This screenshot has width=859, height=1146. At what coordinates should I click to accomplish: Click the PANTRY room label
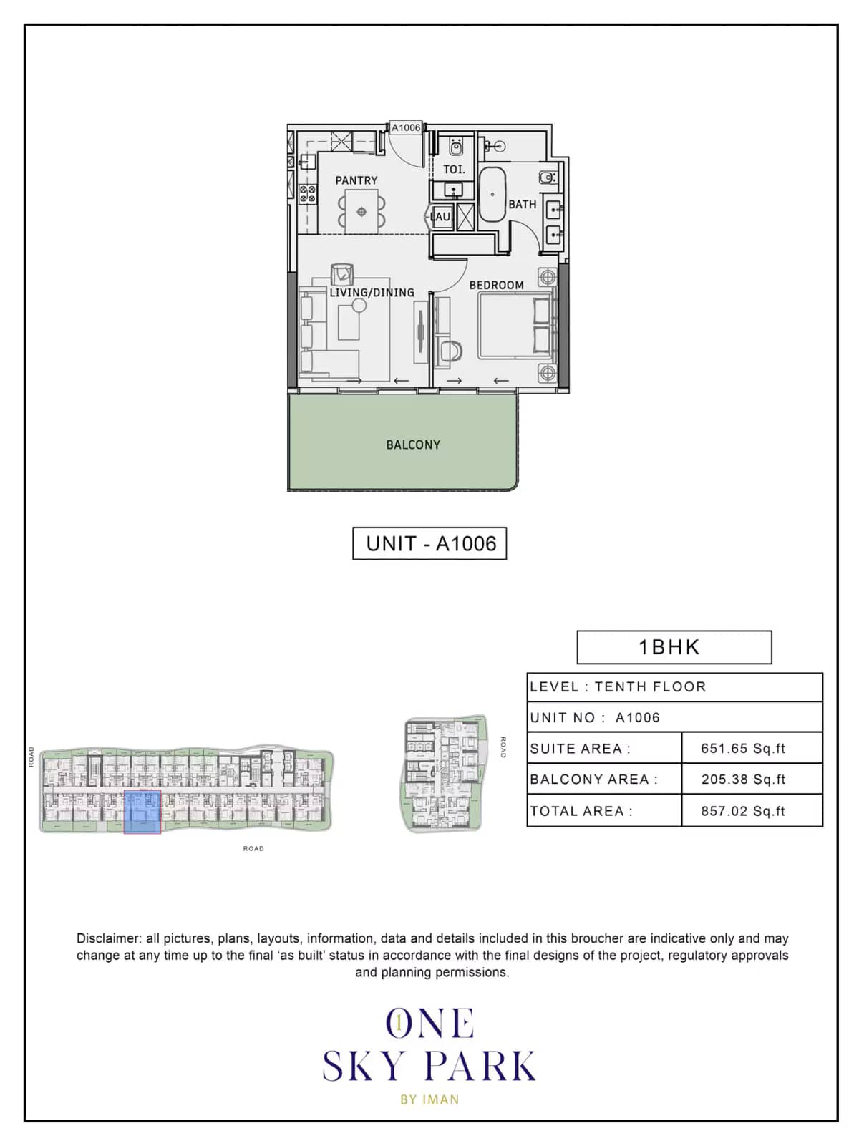356,180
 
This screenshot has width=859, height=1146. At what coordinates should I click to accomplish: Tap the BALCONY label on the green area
413,445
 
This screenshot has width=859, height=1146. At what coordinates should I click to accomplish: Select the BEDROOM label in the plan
496,285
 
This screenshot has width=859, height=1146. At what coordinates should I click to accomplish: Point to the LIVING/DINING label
372,293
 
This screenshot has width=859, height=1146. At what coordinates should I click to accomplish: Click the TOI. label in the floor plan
454,170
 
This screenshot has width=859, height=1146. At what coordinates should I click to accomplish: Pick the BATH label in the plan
522,204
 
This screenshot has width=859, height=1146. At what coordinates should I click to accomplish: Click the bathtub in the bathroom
492,194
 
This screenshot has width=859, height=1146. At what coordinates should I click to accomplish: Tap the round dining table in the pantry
361,211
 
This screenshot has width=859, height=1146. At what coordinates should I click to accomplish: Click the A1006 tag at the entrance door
406,127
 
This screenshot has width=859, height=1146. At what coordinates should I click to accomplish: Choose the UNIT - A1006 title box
429,543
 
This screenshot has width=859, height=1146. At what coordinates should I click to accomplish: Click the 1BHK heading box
674,647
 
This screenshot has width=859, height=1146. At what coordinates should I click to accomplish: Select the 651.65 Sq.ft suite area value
743,749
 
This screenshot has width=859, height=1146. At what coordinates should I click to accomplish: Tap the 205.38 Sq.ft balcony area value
743,780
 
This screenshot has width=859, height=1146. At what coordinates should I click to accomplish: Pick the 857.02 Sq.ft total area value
743,811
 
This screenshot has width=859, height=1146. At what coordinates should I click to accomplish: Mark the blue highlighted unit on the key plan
142,812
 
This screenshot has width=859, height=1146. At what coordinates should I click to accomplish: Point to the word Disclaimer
108,938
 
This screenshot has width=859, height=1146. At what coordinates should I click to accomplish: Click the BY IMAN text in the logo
429,1099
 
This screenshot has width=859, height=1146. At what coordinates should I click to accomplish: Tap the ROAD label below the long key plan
253,849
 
